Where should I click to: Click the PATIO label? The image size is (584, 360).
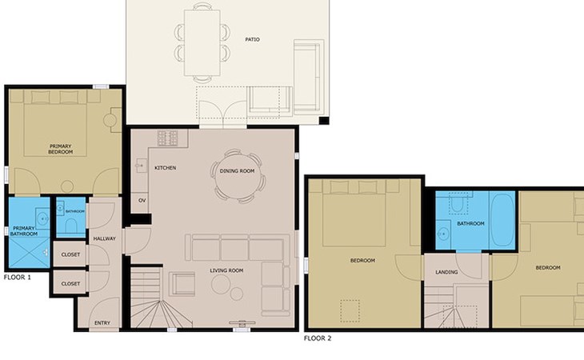click(252, 39)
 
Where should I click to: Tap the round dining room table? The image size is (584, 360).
click(237, 177)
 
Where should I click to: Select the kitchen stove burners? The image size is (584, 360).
click(168, 138)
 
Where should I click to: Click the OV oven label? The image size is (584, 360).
click(142, 200)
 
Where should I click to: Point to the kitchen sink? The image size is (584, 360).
click(141, 166)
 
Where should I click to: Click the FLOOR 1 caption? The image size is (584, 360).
click(18, 278)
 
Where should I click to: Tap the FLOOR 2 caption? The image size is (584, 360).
click(318, 338)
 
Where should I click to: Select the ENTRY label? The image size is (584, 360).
click(102, 322)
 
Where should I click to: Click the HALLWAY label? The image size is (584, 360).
click(104, 238)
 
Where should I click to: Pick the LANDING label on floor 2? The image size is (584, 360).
click(446, 272)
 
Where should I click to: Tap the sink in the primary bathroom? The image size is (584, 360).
click(42, 218)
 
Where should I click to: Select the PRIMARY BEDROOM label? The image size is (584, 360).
click(60, 149)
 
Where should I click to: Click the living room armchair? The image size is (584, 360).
click(182, 284)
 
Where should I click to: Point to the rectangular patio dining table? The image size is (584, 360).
click(202, 43)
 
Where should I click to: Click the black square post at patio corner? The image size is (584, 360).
click(324, 121)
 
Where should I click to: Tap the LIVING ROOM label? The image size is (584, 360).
click(226, 270)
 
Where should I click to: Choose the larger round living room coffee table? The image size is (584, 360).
click(222, 285)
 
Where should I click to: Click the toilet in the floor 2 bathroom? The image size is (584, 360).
click(458, 203)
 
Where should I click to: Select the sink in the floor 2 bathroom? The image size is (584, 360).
click(443, 234)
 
